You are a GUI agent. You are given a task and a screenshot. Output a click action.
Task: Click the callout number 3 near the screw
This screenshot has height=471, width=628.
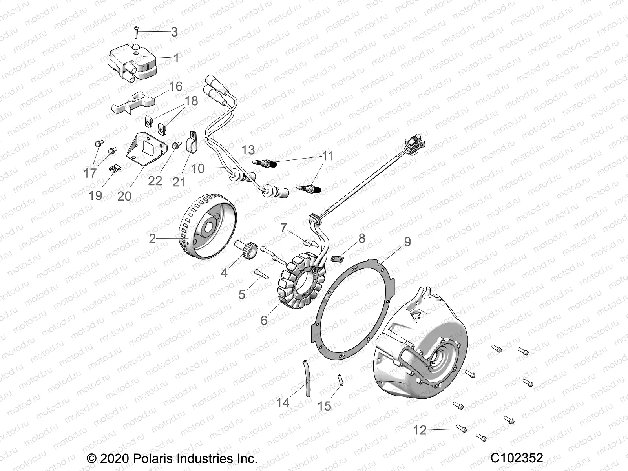pyautogui.click(x=174, y=32)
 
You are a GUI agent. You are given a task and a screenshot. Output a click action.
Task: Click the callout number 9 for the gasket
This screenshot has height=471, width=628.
pyautogui.click(x=407, y=242)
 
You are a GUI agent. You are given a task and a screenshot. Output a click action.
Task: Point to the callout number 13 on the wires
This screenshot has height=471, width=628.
pyautogui.click(x=248, y=150)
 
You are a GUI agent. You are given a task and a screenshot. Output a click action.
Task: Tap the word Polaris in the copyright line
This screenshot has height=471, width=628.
pyautogui.click(x=154, y=458)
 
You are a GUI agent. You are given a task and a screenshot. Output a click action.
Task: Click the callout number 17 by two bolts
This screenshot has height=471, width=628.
pyautogui.click(x=90, y=172)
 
